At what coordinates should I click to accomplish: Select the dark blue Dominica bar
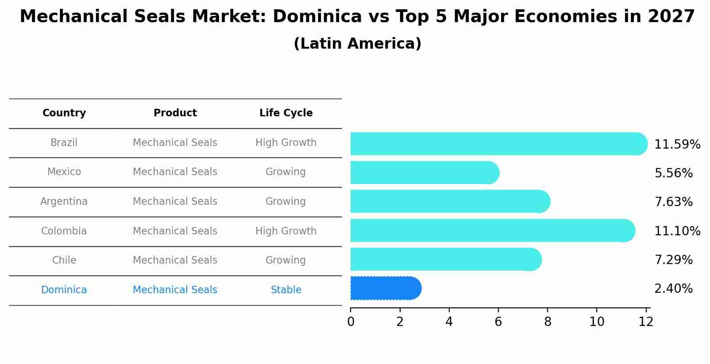[x=385, y=288]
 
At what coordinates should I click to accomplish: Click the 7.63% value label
[x=673, y=202]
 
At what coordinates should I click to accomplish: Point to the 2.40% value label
[x=673, y=289]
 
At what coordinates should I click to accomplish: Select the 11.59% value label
[x=677, y=145]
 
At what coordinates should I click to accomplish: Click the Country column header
[x=64, y=113]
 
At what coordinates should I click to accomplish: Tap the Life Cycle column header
[x=286, y=113]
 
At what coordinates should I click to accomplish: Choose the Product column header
[x=175, y=113]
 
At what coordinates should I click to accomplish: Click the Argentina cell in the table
[x=64, y=202]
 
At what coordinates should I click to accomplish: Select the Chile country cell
[x=64, y=261]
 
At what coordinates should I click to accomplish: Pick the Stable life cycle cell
[x=286, y=290]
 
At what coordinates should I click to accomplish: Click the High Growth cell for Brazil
[x=286, y=143]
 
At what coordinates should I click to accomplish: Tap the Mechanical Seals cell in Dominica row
[x=175, y=290]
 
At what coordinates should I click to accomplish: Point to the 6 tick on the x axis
[x=498, y=322]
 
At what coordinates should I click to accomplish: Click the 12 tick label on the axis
[x=646, y=322]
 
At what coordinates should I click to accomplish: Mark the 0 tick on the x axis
[x=351, y=322]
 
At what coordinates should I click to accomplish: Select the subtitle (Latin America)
[x=357, y=44]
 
